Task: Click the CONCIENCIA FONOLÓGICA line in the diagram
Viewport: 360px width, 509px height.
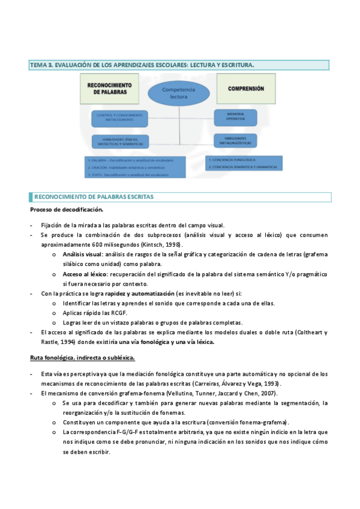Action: coord(233,161)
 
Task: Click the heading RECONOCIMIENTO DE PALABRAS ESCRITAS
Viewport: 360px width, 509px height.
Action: coord(94,197)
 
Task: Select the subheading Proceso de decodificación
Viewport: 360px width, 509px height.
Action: coord(67,209)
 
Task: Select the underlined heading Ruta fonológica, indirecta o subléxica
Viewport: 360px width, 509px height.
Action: coord(82,358)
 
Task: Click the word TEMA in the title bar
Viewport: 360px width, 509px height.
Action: coord(38,64)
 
